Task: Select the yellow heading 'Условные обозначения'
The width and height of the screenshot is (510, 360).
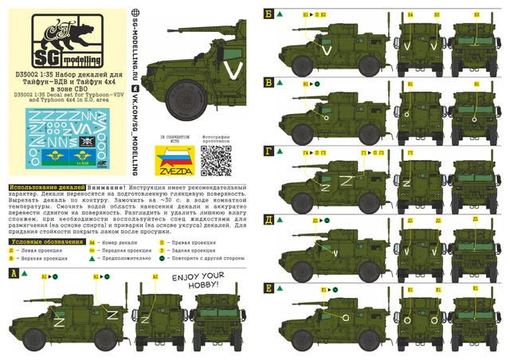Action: [39, 240]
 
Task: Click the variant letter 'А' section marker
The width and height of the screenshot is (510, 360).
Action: [13, 273]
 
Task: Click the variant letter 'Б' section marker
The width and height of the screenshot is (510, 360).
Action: [269, 14]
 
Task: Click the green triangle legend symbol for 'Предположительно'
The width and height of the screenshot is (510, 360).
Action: [93, 259]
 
